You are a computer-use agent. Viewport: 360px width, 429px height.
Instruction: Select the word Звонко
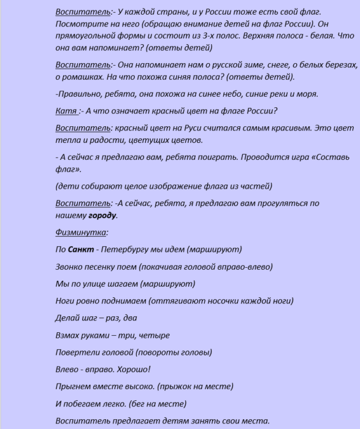[x=69, y=267]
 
